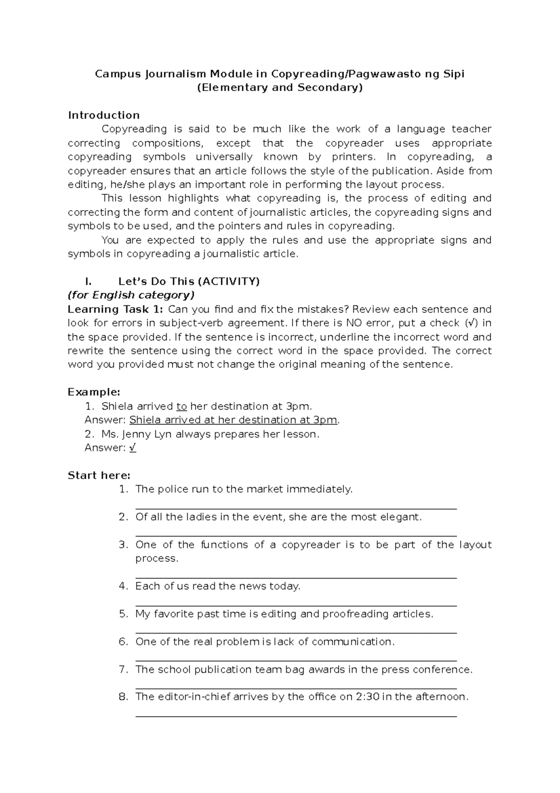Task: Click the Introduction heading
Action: tap(104, 115)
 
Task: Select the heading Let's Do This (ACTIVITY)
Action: tap(189, 282)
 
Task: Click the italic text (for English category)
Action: tap(131, 295)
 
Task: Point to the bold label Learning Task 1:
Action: tap(115, 309)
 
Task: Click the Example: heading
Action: tap(94, 392)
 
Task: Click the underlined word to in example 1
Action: tap(182, 406)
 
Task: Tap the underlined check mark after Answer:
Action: tap(133, 448)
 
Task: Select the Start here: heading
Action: tap(99, 475)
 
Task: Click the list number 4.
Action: tap(123, 586)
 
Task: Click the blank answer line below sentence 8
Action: tap(296, 716)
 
